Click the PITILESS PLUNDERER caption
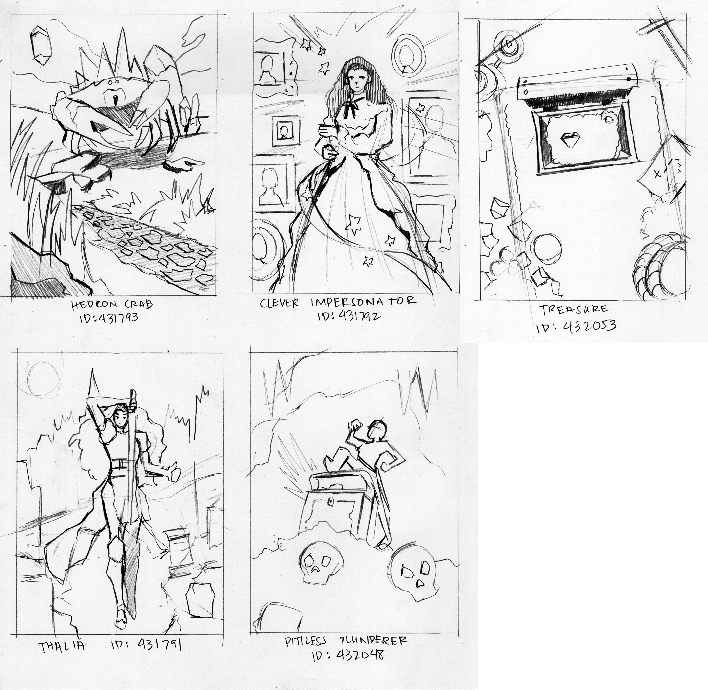point(347,641)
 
